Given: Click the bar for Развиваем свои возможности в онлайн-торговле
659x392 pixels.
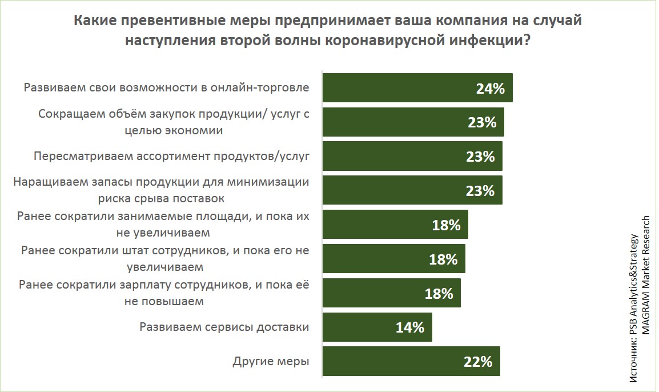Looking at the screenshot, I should point(417,88).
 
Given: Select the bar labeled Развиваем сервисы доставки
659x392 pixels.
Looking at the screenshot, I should point(377,327).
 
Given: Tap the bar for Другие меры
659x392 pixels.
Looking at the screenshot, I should point(411,361).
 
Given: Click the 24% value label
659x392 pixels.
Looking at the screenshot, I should point(491,89).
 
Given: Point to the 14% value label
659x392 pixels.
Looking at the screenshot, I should point(410,327).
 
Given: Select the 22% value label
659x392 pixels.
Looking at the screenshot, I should point(478,362).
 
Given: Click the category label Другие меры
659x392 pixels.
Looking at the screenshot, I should point(271,362).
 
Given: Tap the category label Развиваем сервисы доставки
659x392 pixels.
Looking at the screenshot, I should point(224,327).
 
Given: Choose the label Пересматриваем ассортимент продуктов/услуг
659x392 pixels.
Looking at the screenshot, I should point(171,157).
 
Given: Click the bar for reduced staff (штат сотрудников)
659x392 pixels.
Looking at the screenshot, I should point(394,259).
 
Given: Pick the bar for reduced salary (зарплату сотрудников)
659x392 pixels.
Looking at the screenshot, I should point(392,293).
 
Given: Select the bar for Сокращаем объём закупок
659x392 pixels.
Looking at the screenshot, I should point(413,122).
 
